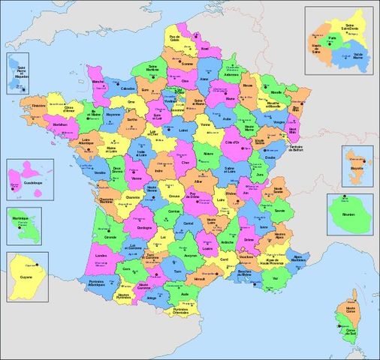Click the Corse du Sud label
(350, 331)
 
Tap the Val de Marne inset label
(357, 55)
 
